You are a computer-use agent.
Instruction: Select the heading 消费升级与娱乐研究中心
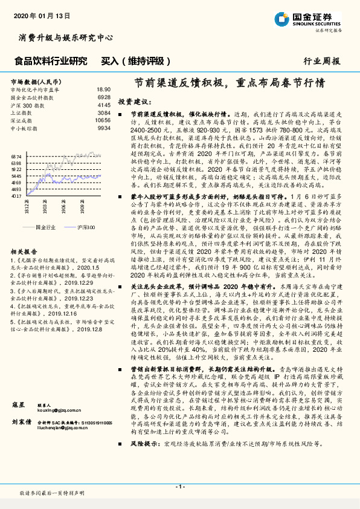[x=66, y=37]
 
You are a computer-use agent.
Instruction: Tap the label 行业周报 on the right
[x=322, y=61]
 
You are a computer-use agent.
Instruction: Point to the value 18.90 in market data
[x=103, y=89]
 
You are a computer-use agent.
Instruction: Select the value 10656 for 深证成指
[x=103, y=120]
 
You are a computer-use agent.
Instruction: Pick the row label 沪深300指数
[x=24, y=105]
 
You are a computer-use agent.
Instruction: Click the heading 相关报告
[x=24, y=251]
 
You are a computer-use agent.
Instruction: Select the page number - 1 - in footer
[x=179, y=486]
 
